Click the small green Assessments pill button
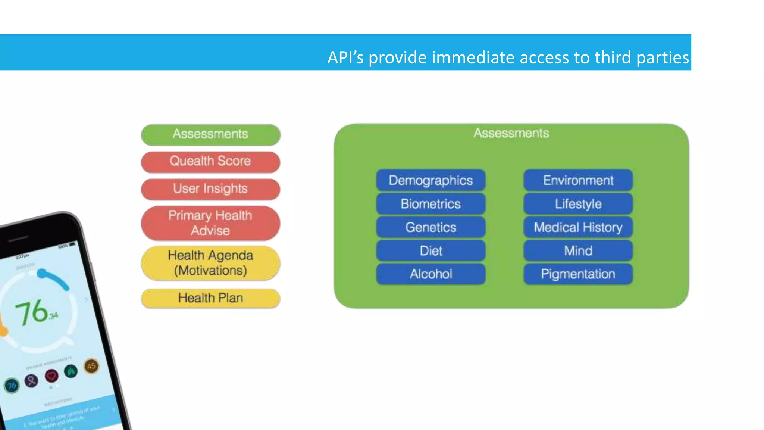[x=210, y=134]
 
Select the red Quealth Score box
[x=210, y=162]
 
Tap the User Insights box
[x=210, y=189]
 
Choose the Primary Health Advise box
[x=210, y=223]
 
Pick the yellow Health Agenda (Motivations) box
[x=210, y=263]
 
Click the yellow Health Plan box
[x=210, y=298]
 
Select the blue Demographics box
[x=430, y=181]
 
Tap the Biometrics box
[x=430, y=204]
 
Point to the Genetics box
[x=430, y=228]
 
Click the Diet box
[x=430, y=251]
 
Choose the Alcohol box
[x=430, y=274]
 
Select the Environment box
[x=578, y=181]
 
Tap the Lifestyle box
[x=578, y=204]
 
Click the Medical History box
[x=578, y=228]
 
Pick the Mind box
[x=578, y=251]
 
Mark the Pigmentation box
[x=578, y=274]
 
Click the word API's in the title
[x=345, y=58]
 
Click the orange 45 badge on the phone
[x=91, y=366]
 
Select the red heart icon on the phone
[x=51, y=376]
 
